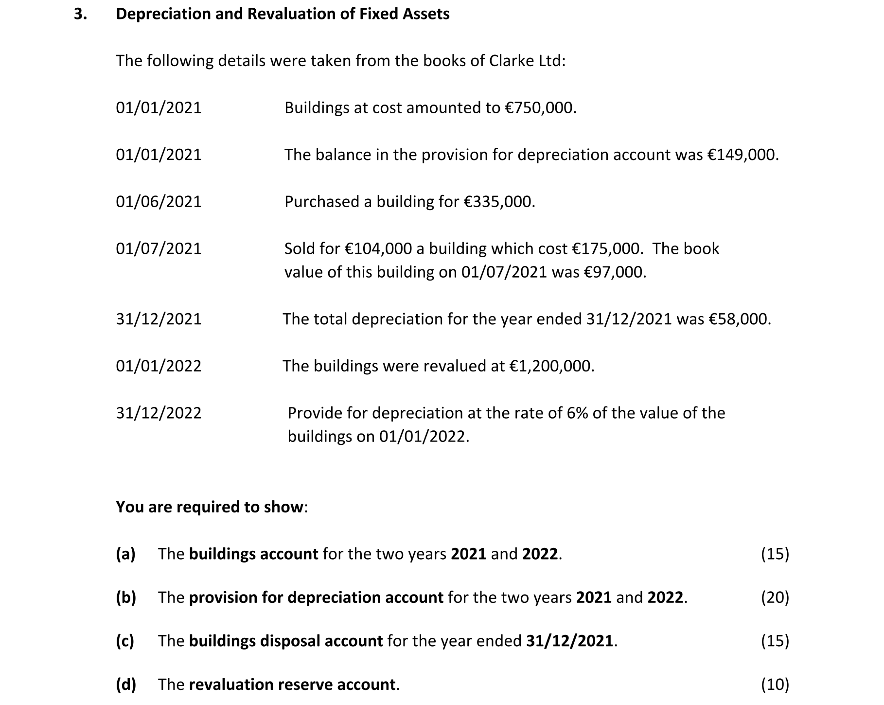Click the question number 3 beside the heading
80,14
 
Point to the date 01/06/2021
159,202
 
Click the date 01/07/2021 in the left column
159,249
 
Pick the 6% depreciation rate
577,413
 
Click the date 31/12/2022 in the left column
159,413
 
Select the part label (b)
125,598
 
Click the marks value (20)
775,598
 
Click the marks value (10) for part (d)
775,685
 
